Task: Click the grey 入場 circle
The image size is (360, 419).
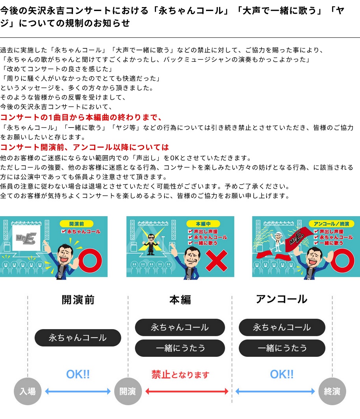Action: tap(28, 391)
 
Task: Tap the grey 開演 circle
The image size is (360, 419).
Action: tap(128, 391)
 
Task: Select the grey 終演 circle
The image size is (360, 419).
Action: tap(332, 391)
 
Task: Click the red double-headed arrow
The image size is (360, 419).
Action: tap(187, 391)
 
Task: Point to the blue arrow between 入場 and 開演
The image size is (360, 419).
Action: tap(78, 391)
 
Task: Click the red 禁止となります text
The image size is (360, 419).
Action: tap(180, 375)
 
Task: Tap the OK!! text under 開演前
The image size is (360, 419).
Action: tap(78, 375)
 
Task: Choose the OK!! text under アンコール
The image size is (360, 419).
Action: tap(282, 375)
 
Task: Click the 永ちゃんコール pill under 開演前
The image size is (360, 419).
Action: tap(78, 338)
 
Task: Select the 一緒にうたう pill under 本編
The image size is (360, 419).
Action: tap(180, 348)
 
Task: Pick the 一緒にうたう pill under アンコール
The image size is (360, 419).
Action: tap(282, 348)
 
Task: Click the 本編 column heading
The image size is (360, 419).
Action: tap(180, 300)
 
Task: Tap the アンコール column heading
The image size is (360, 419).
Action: tap(282, 299)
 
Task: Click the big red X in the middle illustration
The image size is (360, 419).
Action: tap(217, 261)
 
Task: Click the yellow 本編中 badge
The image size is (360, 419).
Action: tap(203, 224)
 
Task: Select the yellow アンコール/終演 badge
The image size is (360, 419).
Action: tap(331, 224)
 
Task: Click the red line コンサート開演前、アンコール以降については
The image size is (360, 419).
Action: tap(84, 147)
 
